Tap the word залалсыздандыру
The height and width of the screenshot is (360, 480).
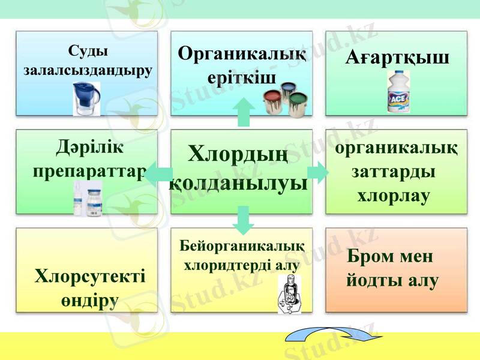(x=88, y=70)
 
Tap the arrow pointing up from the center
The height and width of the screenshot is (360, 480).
(x=243, y=112)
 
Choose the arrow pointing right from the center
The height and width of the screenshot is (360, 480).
(x=318, y=172)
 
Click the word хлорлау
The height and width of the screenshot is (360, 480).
(x=393, y=196)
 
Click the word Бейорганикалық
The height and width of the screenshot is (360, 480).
(x=242, y=246)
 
